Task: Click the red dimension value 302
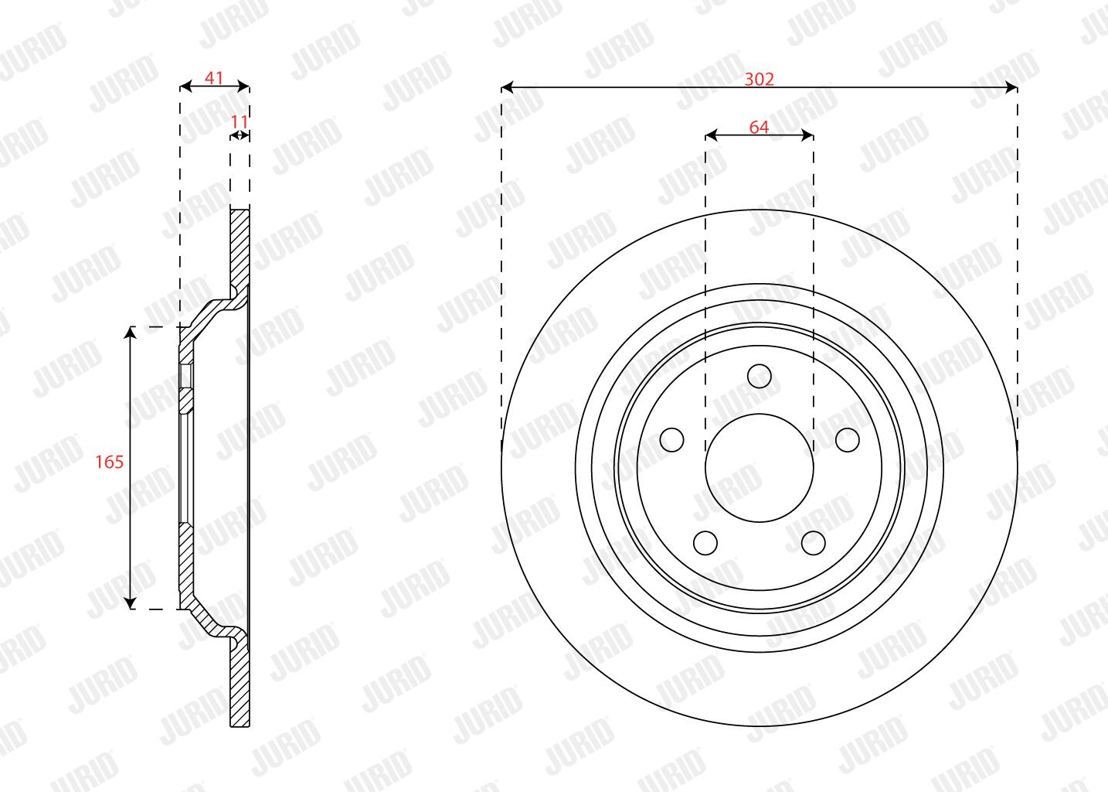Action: pos(759,79)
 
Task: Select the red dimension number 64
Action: pos(759,127)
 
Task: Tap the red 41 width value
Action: pos(214,77)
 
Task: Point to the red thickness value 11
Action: pos(240,121)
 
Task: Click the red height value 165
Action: pos(109,462)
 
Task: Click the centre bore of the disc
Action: pos(760,468)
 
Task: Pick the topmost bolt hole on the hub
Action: pos(760,376)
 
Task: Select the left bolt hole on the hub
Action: pos(672,439)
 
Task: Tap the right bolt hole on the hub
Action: pos(847,439)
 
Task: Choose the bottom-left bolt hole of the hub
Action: pos(705,542)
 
